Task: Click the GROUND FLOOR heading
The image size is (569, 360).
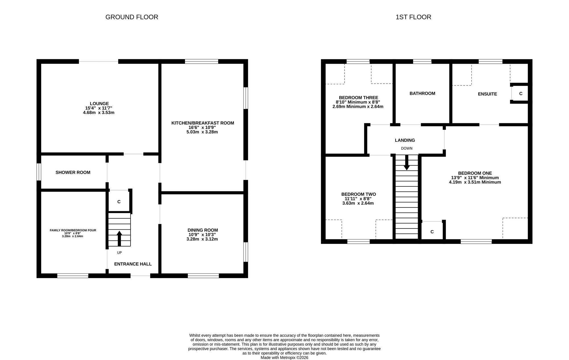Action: coord(132,17)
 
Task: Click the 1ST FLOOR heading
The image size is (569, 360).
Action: coord(413,17)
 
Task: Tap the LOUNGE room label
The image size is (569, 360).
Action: coord(99,104)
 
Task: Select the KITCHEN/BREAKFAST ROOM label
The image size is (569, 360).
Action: coord(203,123)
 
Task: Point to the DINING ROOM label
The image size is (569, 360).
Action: coord(203,230)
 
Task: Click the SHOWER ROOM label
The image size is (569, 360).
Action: coord(73,172)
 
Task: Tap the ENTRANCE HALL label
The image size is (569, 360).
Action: coord(133,264)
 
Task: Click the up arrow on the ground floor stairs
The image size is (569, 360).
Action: coord(119,238)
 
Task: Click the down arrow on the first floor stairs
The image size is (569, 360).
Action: coord(407,162)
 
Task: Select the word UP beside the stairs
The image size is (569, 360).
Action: coord(119,253)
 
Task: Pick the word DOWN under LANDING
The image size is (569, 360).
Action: coord(407,149)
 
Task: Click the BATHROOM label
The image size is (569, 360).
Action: coord(422,93)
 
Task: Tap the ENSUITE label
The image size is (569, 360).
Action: coord(487,94)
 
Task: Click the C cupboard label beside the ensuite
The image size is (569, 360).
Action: coord(521,94)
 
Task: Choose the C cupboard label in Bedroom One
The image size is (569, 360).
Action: coord(432,232)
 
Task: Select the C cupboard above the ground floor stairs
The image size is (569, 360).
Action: coord(119,202)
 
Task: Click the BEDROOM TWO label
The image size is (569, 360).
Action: coord(358,194)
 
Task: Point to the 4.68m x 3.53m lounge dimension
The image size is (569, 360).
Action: coord(99,113)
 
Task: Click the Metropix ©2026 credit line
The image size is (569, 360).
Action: coord(284,358)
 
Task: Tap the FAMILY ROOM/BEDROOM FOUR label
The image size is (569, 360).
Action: coord(73,230)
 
